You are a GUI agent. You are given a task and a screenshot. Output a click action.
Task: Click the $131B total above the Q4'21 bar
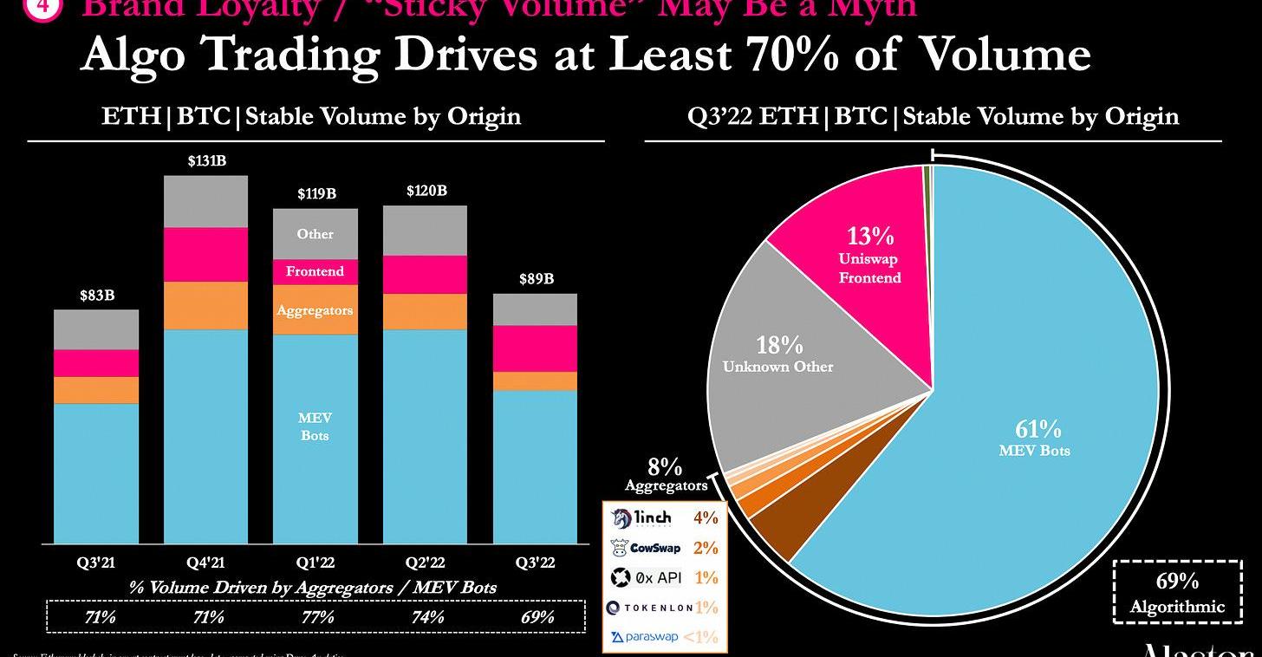coord(205,161)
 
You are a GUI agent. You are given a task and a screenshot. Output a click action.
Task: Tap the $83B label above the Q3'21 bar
coord(96,296)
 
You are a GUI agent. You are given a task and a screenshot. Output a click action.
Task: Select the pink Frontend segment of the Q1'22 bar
coord(315,271)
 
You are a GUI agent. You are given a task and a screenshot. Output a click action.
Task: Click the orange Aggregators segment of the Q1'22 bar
coord(315,310)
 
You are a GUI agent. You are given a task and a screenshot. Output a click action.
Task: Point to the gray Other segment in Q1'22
coord(315,234)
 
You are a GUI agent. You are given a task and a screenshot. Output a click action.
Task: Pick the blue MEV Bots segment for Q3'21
coord(96,472)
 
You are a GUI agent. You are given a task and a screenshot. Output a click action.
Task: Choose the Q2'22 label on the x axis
coord(425,562)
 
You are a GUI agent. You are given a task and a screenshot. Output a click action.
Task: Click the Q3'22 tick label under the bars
coord(535,562)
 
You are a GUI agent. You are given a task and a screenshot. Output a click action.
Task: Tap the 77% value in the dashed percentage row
coord(317,617)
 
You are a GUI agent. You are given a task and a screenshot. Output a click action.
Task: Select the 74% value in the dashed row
coord(426,617)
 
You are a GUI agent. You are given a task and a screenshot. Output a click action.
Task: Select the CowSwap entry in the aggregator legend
coord(646,548)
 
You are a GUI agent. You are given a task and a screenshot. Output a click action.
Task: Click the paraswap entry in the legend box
coord(645,637)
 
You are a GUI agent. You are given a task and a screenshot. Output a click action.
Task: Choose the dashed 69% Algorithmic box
coord(1177,593)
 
